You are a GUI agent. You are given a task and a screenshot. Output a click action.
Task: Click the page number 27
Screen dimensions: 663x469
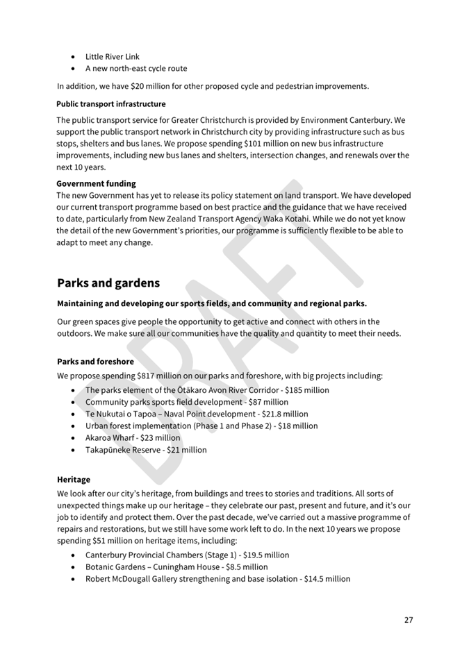(x=409, y=619)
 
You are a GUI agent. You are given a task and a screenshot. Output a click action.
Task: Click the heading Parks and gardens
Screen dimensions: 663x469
(x=108, y=283)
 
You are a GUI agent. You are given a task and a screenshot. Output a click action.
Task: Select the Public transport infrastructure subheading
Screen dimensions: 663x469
(x=111, y=104)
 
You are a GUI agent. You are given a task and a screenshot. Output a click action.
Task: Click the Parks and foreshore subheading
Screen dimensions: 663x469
(x=95, y=362)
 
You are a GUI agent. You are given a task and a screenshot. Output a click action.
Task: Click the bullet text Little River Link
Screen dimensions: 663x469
(x=113, y=57)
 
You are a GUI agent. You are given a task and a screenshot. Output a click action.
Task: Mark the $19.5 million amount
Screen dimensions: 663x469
(x=266, y=555)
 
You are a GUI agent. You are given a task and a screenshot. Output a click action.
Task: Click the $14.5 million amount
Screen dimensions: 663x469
(x=327, y=579)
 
